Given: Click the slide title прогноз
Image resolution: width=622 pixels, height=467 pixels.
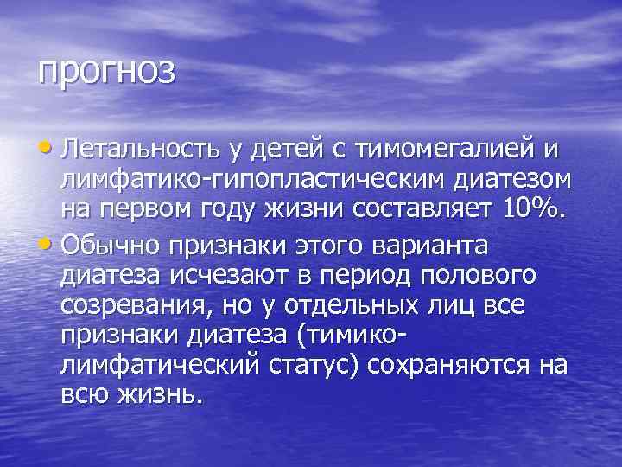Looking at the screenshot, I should click(x=105, y=71).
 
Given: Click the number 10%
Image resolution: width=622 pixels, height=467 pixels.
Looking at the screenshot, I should click(x=535, y=210).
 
